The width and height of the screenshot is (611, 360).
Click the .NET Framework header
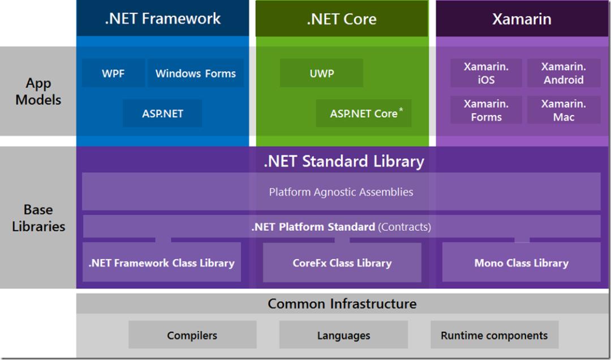click(162, 18)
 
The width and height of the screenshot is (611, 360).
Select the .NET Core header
click(342, 18)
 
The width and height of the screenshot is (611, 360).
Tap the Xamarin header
click(522, 18)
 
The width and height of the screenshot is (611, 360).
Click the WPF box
click(113, 74)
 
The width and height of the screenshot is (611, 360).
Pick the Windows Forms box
click(196, 74)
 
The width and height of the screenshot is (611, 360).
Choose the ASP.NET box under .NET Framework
click(163, 113)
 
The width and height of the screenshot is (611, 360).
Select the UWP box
click(321, 74)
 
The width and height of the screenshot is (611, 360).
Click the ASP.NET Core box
click(364, 114)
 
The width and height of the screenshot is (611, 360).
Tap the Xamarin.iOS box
click(486, 73)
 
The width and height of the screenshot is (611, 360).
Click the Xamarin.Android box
click(563, 73)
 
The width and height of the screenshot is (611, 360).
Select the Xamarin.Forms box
click(486, 110)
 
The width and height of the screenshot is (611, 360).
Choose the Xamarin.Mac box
click(563, 110)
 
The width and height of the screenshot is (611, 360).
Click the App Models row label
click(38, 92)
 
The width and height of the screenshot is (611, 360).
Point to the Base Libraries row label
click(38, 218)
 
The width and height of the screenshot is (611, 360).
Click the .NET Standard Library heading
click(343, 161)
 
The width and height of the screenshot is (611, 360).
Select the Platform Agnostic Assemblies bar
click(341, 192)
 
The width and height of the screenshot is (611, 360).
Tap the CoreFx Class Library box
click(342, 263)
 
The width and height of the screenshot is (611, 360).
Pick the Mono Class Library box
click(521, 263)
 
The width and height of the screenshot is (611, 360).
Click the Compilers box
click(192, 335)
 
